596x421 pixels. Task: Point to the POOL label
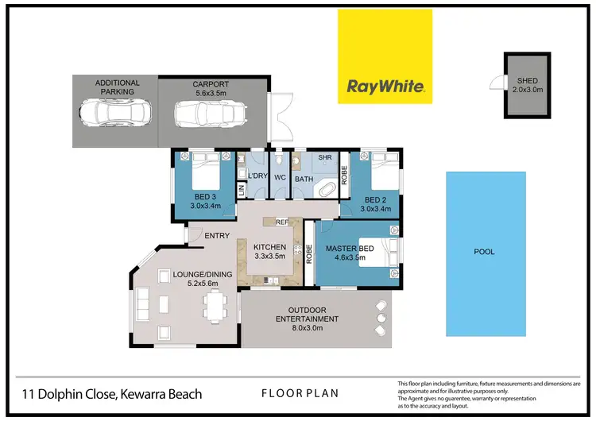point(484,252)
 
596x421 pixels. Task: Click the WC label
point(281,176)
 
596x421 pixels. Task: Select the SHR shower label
point(324,158)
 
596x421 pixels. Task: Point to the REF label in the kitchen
point(281,223)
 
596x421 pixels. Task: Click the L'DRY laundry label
point(257,176)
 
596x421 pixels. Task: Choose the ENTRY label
point(217,236)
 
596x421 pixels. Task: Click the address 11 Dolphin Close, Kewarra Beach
point(111,394)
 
